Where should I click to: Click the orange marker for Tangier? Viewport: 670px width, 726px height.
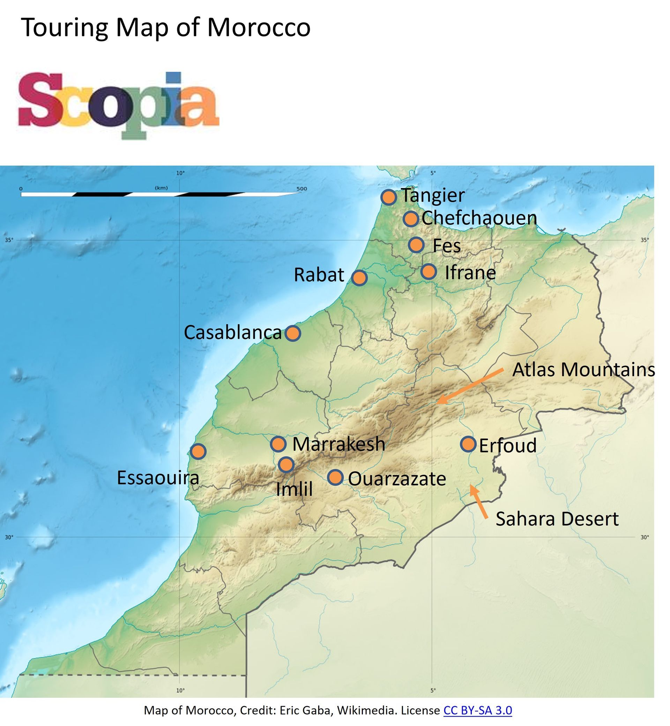[x=388, y=197]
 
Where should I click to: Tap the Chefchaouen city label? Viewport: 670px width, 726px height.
[x=479, y=218]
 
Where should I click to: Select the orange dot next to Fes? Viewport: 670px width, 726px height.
[x=416, y=245]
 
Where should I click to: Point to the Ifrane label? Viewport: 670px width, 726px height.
[x=470, y=272]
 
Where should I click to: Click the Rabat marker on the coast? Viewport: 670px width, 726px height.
[x=359, y=278]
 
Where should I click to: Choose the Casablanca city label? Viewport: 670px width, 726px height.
[x=232, y=332]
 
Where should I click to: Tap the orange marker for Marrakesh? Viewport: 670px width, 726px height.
[x=278, y=444]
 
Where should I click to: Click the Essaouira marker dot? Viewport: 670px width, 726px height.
[x=198, y=451]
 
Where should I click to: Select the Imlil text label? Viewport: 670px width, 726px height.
[x=294, y=489]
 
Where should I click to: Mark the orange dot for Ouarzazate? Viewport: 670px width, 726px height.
[x=335, y=477]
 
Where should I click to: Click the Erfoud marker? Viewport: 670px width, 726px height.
[x=468, y=444]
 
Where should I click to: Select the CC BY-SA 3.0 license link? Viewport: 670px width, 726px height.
[x=477, y=710]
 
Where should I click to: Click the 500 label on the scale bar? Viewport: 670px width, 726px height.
[x=301, y=188]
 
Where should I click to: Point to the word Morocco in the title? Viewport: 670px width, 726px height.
[x=259, y=27]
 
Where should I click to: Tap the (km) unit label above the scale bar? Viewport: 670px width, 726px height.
[x=161, y=188]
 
